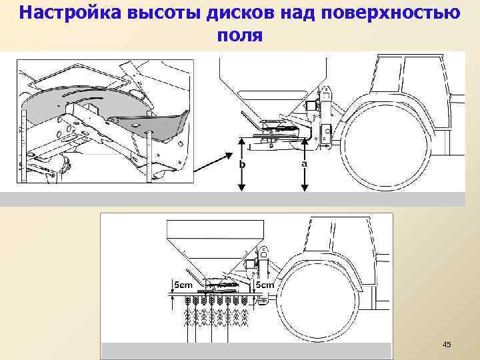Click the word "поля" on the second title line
[240, 35]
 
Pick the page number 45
[447, 345]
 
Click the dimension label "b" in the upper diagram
[243, 163]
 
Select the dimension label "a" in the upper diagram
[304, 162]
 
